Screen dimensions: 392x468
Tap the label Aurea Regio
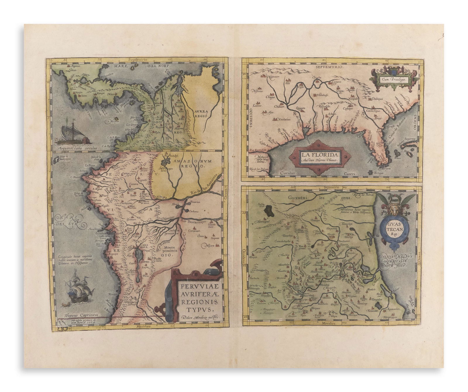(x=200, y=114)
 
